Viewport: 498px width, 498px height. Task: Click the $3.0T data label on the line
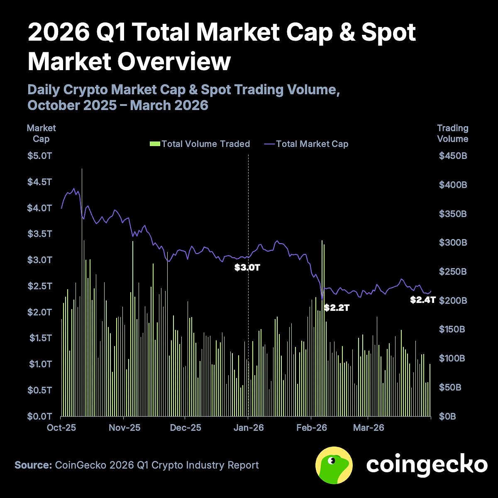(247, 268)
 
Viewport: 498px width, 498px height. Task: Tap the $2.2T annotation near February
(337, 308)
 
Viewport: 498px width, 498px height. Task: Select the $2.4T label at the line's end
(422, 300)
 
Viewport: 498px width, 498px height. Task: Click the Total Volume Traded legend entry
(200, 144)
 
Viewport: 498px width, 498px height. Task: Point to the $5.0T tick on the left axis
(40, 156)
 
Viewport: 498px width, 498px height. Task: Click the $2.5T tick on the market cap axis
(40, 286)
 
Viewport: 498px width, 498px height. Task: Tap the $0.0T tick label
(40, 416)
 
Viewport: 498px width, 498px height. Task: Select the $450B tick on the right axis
(453, 156)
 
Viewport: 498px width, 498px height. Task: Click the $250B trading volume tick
(453, 272)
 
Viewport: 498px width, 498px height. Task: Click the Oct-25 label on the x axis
(62, 428)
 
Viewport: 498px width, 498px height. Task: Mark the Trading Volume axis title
(452, 134)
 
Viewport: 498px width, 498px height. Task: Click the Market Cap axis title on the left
(41, 134)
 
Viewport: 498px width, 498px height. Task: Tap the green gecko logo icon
(334, 465)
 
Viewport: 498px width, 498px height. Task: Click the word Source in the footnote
(32, 465)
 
